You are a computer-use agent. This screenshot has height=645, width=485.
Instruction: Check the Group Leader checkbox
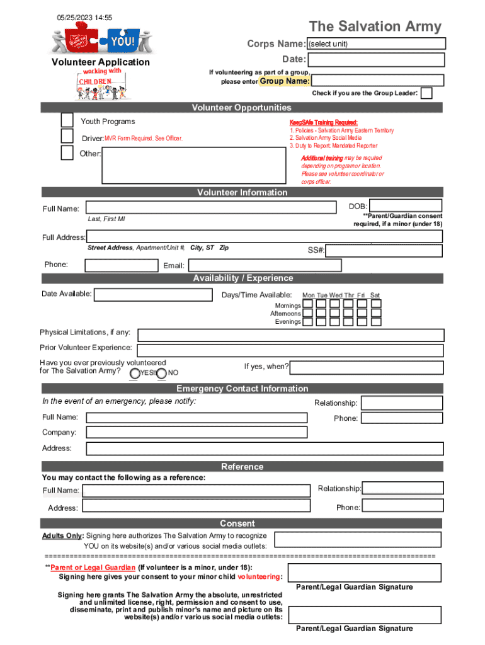tap(426, 93)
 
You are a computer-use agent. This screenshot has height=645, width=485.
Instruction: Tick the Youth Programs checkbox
tap(67, 120)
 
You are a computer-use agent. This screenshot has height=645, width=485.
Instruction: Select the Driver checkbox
tap(67, 136)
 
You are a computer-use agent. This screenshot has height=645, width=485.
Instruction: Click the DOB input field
tap(406, 205)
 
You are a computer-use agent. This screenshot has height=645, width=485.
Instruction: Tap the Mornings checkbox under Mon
tap(308, 304)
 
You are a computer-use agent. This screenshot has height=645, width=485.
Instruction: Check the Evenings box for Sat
tap(375, 321)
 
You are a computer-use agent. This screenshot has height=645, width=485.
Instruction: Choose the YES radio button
tap(135, 374)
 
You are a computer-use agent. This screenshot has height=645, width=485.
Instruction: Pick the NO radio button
tap(161, 374)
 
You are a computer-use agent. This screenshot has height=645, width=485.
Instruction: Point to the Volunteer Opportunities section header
tap(242, 108)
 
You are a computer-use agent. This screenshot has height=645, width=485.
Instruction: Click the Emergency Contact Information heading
tap(242, 389)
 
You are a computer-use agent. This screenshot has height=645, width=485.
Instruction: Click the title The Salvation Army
tap(375, 26)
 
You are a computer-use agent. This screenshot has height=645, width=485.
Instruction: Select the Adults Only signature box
tap(358, 540)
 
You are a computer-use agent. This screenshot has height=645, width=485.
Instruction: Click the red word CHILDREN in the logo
tap(95, 82)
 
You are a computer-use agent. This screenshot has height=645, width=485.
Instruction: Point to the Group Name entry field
tap(378, 81)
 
